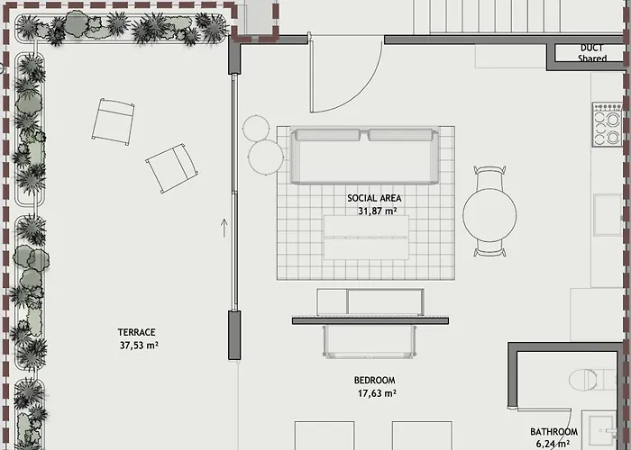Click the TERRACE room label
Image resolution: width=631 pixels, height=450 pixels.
(x=136, y=332)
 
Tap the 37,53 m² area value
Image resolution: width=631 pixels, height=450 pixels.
(x=139, y=345)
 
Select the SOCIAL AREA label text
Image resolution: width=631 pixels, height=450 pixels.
(x=374, y=198)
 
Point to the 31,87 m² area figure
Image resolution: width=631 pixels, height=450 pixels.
(x=378, y=211)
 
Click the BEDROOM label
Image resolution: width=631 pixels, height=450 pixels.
(x=375, y=380)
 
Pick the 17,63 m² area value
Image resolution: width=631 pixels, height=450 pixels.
(x=377, y=393)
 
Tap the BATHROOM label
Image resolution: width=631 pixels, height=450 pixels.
(x=553, y=432)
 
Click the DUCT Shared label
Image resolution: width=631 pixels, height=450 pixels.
(x=592, y=53)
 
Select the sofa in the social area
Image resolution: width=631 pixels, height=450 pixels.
(x=364, y=157)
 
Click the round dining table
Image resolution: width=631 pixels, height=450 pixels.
(x=489, y=214)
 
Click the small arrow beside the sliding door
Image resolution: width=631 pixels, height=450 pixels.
(x=224, y=228)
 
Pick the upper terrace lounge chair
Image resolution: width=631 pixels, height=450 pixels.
(x=113, y=121)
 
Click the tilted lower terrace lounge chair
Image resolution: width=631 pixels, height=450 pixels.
(x=171, y=168)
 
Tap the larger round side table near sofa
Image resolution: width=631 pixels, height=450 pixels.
(x=266, y=157)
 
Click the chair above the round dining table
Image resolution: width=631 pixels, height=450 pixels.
(x=489, y=176)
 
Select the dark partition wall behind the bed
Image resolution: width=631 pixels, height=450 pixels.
(x=370, y=320)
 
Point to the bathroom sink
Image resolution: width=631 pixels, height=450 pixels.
(x=602, y=431)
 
